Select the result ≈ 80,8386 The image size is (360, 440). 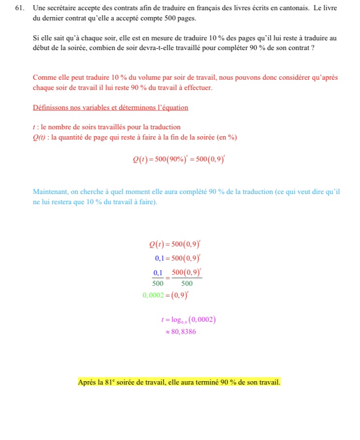point(181,332)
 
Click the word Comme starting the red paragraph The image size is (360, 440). point(43,78)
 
